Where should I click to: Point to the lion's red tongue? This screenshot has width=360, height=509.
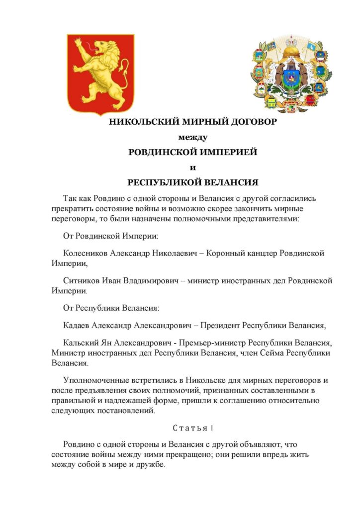click(88, 47)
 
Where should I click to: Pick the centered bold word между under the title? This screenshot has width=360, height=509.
click(193, 137)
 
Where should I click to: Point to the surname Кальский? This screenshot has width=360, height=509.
click(81, 344)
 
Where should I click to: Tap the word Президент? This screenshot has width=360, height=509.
click(219, 326)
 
